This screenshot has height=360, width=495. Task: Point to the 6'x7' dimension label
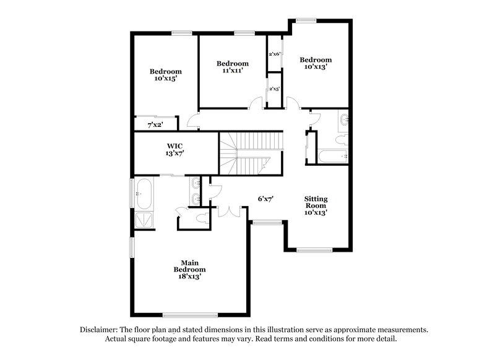click(266, 199)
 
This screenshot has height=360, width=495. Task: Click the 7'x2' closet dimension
click(154, 125)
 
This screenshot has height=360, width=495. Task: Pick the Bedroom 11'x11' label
click(232, 67)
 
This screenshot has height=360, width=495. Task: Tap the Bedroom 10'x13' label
click(316, 63)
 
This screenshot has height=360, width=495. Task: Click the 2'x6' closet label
click(275, 54)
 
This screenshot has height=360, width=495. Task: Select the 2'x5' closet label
click(275, 89)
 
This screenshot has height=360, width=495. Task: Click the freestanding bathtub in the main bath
click(145, 193)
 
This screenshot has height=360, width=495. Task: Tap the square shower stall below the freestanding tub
click(145, 221)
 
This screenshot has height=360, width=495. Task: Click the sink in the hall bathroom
click(343, 121)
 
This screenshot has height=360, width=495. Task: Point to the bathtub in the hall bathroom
click(332, 156)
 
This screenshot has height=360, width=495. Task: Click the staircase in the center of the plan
click(251, 153)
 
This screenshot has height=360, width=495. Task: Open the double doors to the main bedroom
click(229, 212)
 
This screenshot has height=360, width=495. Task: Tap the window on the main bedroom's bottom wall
click(190, 315)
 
